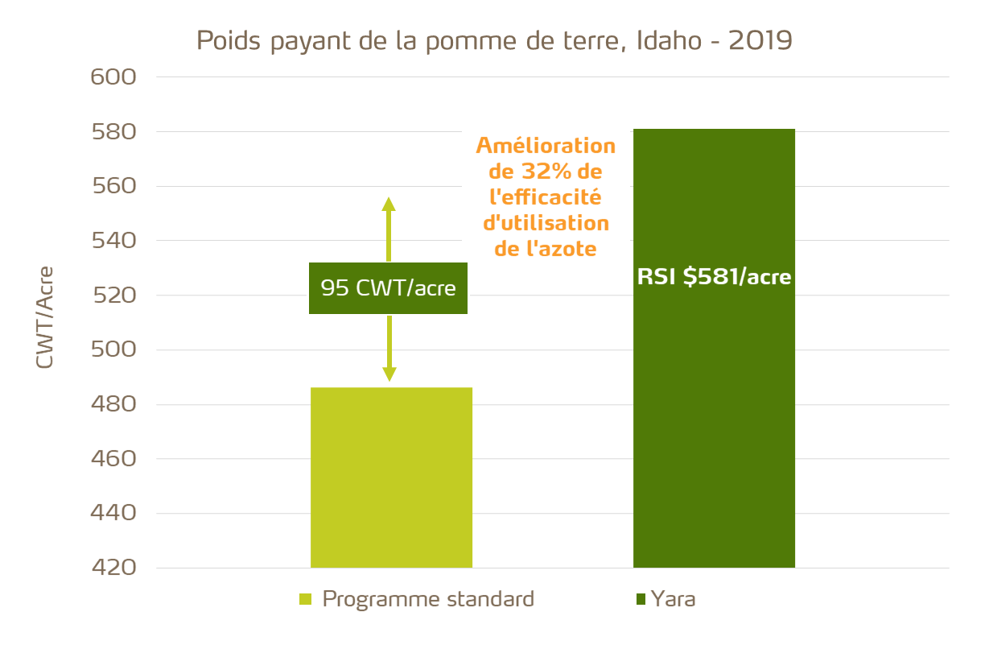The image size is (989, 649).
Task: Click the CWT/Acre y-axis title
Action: tap(45, 317)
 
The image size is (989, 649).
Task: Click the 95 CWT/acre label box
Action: tap(389, 288)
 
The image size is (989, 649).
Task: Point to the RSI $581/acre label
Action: tap(714, 278)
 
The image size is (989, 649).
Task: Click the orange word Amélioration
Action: tap(546, 147)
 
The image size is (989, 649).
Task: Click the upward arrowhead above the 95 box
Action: tap(389, 203)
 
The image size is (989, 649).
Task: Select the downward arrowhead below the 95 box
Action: tap(389, 374)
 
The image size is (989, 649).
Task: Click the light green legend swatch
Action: tap(305, 599)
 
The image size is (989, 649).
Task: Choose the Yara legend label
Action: tap(673, 599)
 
